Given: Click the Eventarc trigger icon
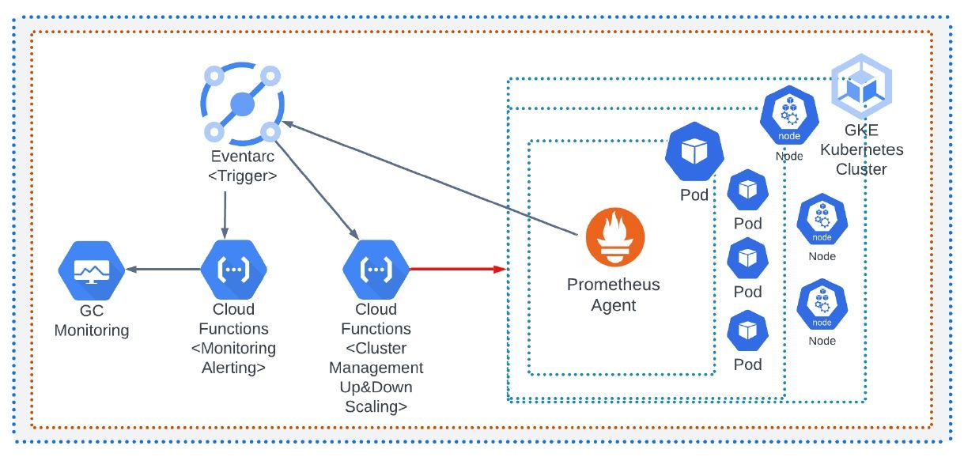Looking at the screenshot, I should [241, 104].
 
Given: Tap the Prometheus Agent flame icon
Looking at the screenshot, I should [614, 239].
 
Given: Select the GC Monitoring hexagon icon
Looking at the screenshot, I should [91, 270].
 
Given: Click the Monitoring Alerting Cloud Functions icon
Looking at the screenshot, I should [233, 270].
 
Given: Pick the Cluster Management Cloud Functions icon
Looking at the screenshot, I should [376, 270].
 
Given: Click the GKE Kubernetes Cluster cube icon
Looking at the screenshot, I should [861, 85].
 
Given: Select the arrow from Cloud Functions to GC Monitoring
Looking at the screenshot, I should [164, 270].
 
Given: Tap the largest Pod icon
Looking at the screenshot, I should [694, 153].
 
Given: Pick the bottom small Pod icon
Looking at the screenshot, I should [747, 332].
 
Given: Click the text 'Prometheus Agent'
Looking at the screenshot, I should [614, 294].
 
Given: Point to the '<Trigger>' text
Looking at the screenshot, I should [242, 176].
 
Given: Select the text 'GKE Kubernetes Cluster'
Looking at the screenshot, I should [861, 149].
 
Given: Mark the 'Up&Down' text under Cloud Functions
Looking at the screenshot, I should [376, 387].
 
